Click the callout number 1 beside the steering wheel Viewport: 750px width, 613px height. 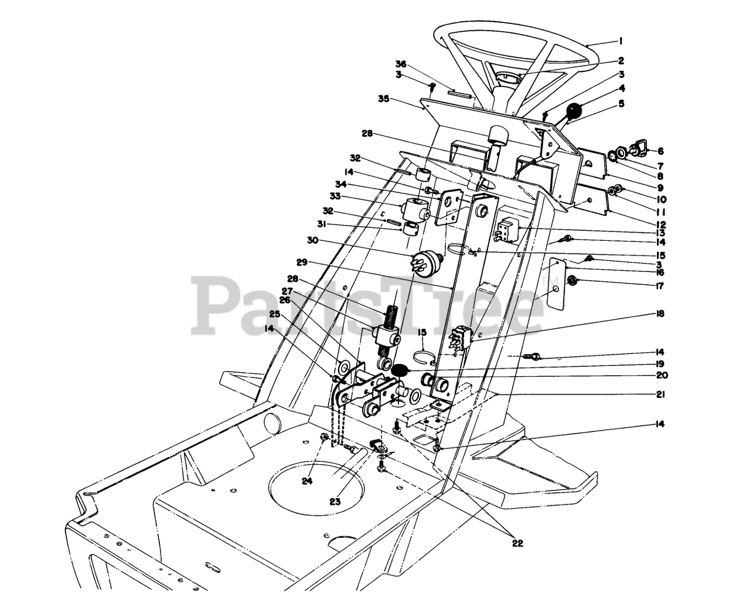(x=620, y=41)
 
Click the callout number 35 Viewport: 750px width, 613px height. (x=400, y=99)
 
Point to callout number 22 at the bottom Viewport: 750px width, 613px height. (x=517, y=543)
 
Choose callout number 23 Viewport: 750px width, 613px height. (x=335, y=501)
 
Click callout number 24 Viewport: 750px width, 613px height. (x=308, y=481)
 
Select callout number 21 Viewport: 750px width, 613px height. (x=660, y=394)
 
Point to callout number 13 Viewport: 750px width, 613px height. (x=660, y=233)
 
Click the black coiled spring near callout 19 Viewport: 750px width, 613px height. (x=400, y=370)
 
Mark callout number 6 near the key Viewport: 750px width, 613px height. (x=660, y=151)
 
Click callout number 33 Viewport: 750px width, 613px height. (x=319, y=196)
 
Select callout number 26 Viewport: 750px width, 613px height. (x=285, y=300)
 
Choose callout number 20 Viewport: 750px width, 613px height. (x=660, y=375)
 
